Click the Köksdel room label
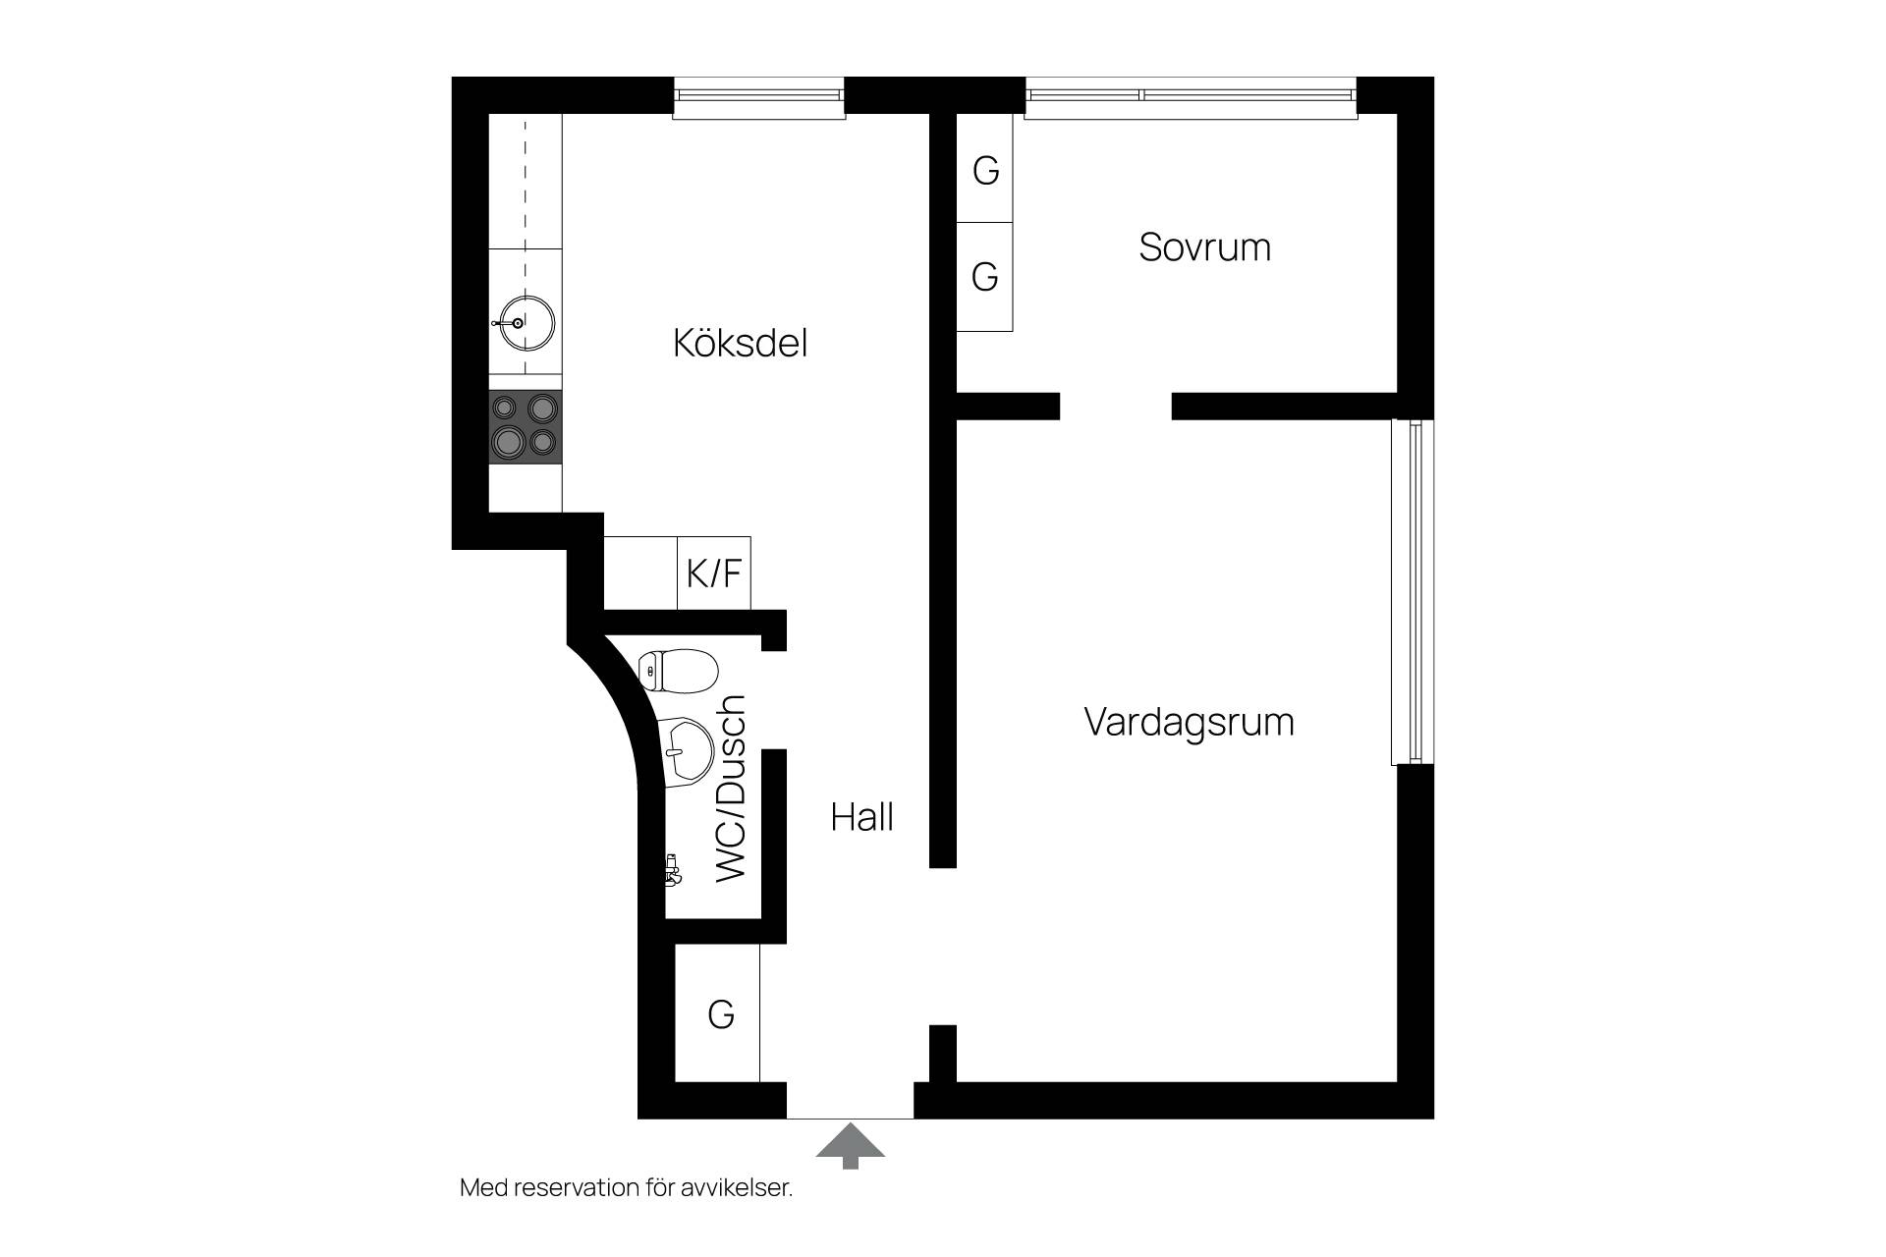[x=740, y=343]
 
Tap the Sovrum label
[x=1205, y=246]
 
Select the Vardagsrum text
[x=1189, y=722]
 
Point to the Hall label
[x=861, y=817]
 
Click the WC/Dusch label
[x=732, y=789]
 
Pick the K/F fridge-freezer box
[x=714, y=573]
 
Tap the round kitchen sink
[x=527, y=321]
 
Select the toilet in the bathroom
[x=678, y=670]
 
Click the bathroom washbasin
[x=685, y=752]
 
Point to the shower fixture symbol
[x=673, y=869]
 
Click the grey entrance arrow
[x=851, y=1146]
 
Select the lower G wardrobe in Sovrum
[x=985, y=277]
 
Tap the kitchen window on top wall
[x=759, y=98]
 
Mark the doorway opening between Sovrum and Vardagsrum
[x=1116, y=406]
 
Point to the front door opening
[x=851, y=1101]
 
